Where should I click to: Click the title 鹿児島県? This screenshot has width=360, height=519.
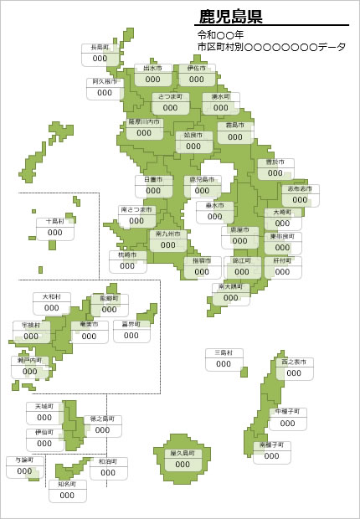click(x=230, y=16)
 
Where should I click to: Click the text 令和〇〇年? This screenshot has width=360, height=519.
click(x=220, y=35)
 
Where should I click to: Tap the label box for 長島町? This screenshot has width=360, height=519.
click(x=100, y=54)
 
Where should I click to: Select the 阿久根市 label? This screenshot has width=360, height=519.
click(x=105, y=88)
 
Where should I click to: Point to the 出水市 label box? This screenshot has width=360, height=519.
click(x=152, y=75)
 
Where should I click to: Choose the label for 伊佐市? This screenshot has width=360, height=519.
click(x=197, y=75)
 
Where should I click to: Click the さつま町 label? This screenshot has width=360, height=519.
click(x=170, y=103)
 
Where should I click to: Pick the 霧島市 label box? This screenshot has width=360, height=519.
click(x=235, y=132)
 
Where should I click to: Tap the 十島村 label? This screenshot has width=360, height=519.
click(x=55, y=228)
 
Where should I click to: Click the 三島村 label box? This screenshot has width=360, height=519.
click(x=224, y=359)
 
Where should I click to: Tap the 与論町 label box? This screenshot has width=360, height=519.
click(x=24, y=467)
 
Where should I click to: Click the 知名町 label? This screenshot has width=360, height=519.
click(x=67, y=491)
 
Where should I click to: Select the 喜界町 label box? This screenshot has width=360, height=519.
click(x=131, y=330)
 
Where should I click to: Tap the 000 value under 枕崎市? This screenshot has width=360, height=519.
click(x=127, y=266)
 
